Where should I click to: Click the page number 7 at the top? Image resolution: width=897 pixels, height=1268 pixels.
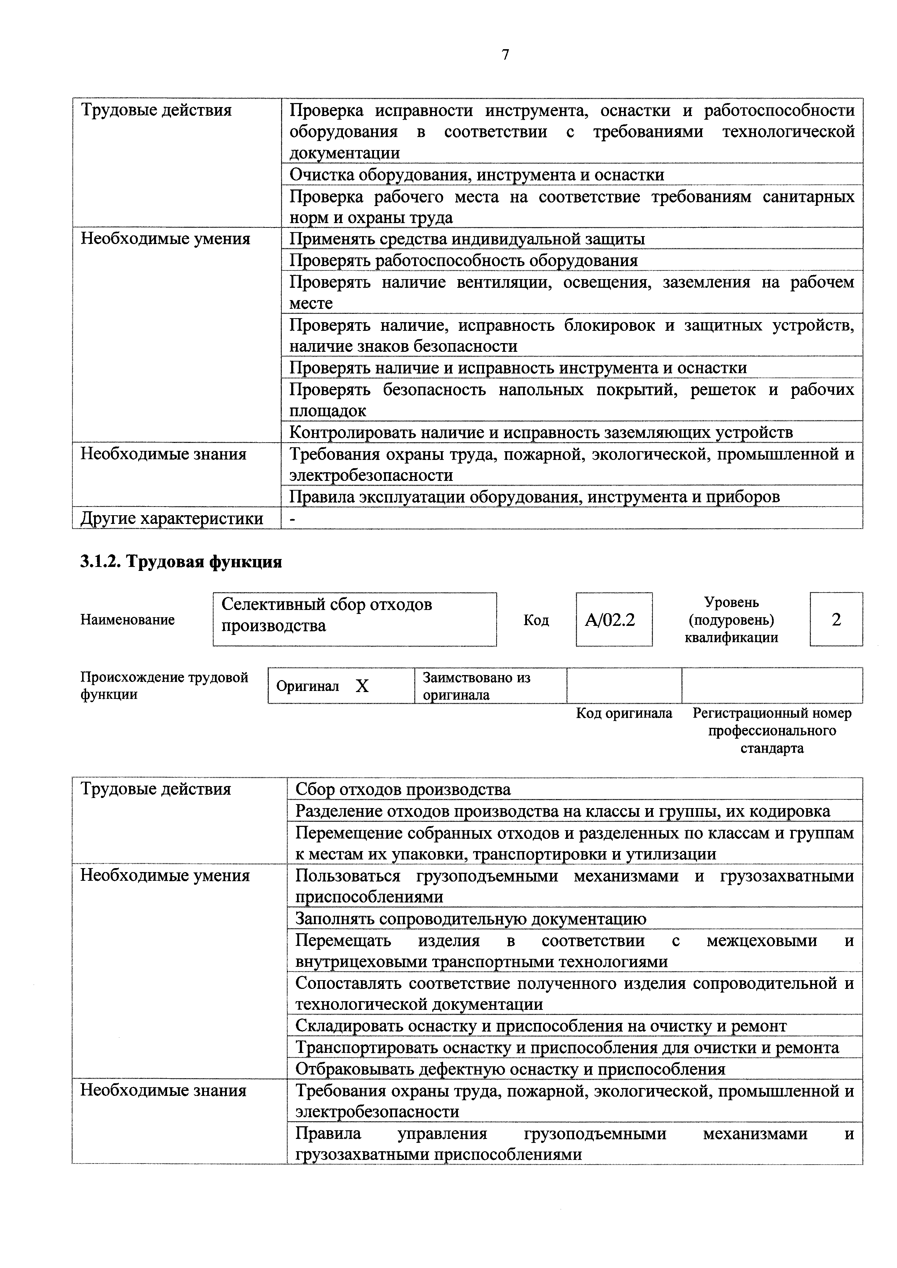coord(505,55)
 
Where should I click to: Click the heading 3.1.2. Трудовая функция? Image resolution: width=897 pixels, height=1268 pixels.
coord(181,562)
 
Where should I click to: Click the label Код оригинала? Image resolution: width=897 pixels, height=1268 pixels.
coord(624,713)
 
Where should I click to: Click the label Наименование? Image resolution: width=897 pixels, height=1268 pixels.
coord(128,620)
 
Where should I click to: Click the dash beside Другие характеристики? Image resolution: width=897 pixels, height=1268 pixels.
coord(293,518)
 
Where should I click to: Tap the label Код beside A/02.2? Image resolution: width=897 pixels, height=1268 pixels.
coord(536,620)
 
